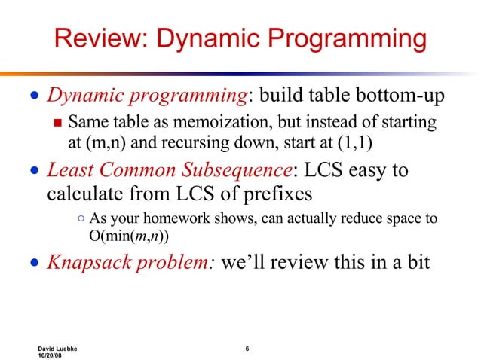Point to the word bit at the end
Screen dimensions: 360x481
pos(418,263)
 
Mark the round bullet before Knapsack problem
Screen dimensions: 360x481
pos(33,264)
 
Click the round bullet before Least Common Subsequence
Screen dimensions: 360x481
pos(33,170)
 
